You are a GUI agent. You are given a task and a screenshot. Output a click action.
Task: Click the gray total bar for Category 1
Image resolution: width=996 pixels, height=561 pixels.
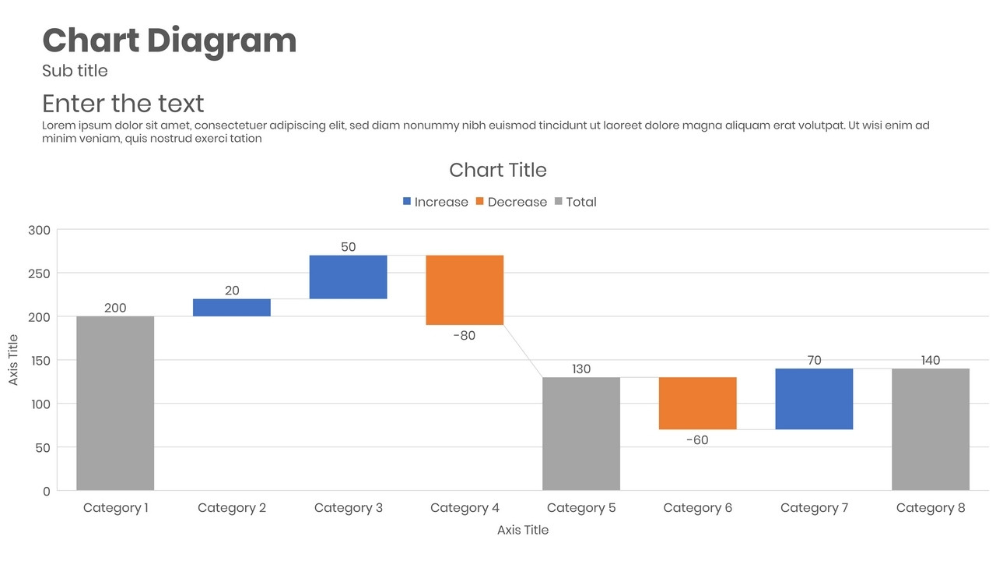[x=115, y=403]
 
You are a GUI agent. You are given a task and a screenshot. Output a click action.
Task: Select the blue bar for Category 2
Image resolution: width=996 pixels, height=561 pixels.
[x=232, y=308]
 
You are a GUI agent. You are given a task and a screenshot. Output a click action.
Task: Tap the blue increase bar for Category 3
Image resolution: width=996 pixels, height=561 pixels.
[x=348, y=277]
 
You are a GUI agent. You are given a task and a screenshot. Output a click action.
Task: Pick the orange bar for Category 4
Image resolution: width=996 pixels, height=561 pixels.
[x=465, y=290]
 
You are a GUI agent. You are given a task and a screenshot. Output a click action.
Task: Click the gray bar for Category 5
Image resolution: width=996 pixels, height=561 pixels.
[x=581, y=434]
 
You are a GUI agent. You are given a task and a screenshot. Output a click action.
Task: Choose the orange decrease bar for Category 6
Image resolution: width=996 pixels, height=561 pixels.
[x=698, y=403]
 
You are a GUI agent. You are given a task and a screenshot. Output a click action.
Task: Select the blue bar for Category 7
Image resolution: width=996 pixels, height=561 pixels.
[x=814, y=399]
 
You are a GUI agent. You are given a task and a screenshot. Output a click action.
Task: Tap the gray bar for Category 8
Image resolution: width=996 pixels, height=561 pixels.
[x=931, y=429]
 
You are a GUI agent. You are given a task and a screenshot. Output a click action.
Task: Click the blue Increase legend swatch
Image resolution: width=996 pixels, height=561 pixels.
[x=407, y=202]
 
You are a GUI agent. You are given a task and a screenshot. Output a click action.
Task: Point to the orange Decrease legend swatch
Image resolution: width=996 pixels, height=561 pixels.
[x=480, y=202]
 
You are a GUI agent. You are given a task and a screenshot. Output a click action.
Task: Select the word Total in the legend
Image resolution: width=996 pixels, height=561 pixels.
[x=581, y=202]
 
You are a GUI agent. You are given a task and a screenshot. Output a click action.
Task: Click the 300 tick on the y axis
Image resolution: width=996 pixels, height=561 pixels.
[x=39, y=230]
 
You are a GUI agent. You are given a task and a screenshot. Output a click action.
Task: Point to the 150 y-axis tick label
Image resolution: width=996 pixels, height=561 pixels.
[x=39, y=361]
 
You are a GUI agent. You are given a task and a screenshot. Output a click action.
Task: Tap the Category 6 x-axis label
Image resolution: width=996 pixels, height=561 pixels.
[x=697, y=508]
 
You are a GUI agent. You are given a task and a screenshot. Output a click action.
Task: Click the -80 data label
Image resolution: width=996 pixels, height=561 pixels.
[x=464, y=336]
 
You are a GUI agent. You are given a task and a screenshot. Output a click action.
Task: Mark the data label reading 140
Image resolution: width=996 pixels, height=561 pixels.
[x=931, y=360]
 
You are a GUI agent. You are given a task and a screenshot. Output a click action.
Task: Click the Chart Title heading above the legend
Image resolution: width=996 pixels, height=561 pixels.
[x=498, y=170]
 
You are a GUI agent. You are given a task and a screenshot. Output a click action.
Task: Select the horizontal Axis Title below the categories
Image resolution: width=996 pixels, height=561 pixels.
[x=523, y=530]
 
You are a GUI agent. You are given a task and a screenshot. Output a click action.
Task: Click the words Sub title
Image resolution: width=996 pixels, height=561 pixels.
[x=75, y=71]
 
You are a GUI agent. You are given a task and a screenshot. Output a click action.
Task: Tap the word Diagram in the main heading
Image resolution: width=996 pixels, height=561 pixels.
[x=222, y=41]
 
